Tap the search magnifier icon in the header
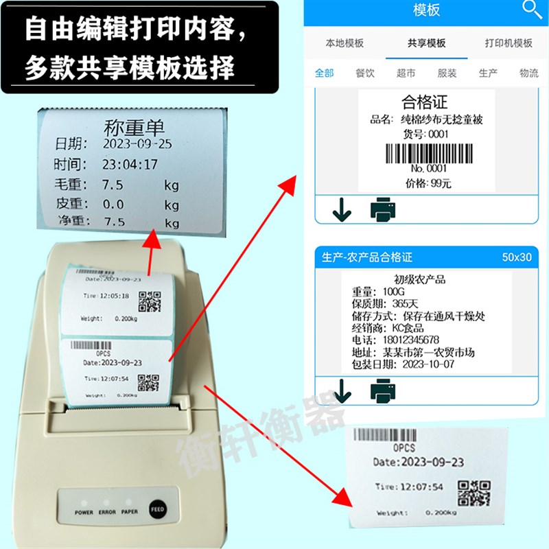click(532, 9)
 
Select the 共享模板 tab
click(426, 43)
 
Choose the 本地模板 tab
click(344, 43)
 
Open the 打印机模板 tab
click(509, 43)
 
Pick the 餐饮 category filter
click(365, 73)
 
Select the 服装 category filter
click(447, 73)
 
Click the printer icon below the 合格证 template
click(384, 209)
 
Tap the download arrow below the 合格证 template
click(341, 210)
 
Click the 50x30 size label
click(517, 257)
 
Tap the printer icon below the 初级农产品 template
click(384, 391)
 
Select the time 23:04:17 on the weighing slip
click(130, 165)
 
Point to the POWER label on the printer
click(84, 512)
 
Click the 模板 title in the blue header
click(427, 10)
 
